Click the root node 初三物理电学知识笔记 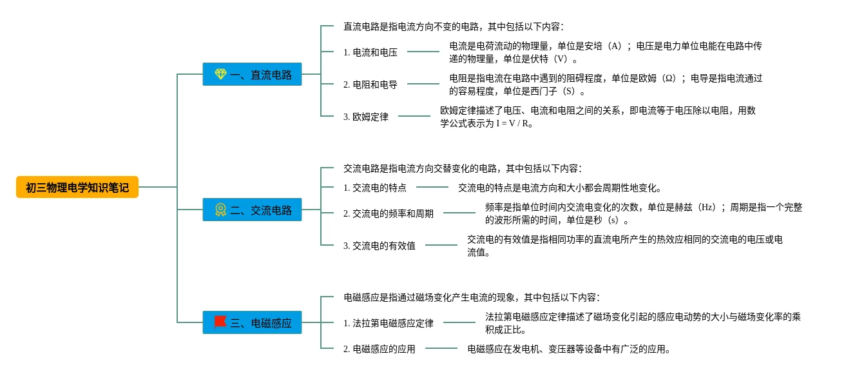(x=77, y=187)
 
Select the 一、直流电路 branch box (x=252, y=74)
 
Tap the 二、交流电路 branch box (x=252, y=210)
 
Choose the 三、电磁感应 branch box (x=252, y=322)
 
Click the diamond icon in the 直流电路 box (x=220, y=74)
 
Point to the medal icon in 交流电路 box (x=220, y=210)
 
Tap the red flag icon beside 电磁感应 (x=220, y=322)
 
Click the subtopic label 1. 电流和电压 (x=370, y=52)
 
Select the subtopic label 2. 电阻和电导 (x=370, y=84)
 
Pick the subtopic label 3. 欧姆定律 (x=365, y=117)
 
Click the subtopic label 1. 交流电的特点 (x=374, y=188)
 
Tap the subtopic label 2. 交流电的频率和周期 (x=388, y=213)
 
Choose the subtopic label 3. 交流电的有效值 (x=379, y=246)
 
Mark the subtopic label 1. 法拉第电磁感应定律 (x=388, y=323)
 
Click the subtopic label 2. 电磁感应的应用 (x=379, y=349)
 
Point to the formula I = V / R (x=514, y=123)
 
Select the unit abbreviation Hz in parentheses (x=708, y=208)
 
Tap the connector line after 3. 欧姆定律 (x=414, y=116)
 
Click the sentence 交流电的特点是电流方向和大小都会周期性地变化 (x=559, y=188)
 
